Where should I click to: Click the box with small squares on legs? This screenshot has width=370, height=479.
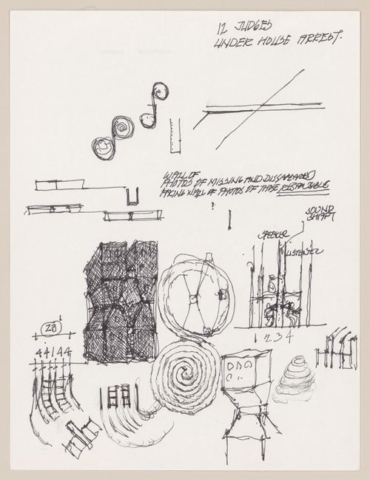(x=247, y=373)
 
